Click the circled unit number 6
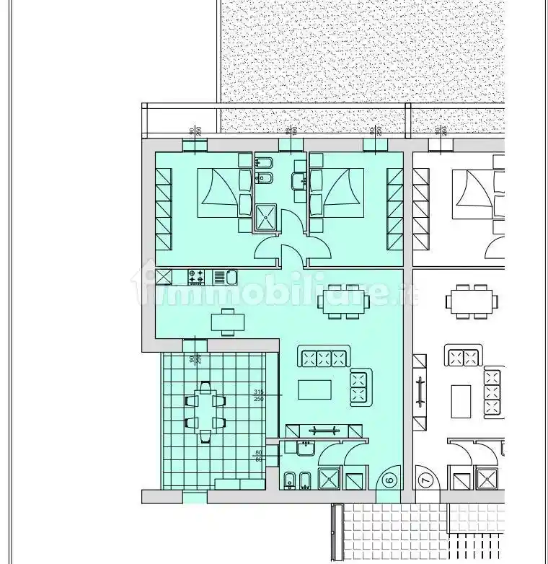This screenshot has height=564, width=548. tap(389, 478)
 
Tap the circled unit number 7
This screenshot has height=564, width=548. tap(425, 478)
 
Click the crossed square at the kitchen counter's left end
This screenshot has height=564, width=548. tap(164, 277)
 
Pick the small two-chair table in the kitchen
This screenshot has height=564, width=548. tap(228, 322)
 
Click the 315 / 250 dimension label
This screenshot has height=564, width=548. tap(259, 395)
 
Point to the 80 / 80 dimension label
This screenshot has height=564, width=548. tap(259, 456)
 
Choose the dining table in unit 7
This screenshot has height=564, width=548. tap(472, 302)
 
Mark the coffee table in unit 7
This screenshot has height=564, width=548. tap(461, 400)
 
